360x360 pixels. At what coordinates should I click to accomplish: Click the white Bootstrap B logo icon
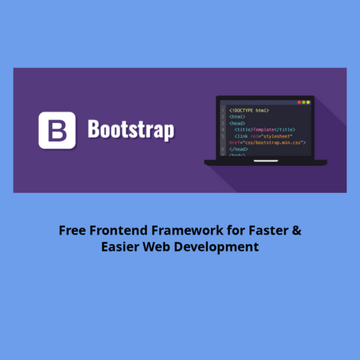[58, 130]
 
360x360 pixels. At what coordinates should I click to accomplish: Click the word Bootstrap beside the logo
[130, 131]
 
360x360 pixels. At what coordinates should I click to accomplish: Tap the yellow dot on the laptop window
[306, 102]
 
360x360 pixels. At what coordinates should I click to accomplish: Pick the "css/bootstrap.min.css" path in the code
[274, 143]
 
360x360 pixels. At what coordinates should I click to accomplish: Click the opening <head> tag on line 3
[237, 123]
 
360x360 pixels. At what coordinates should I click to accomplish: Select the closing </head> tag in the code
[238, 149]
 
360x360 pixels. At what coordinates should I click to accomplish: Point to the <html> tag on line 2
[237, 117]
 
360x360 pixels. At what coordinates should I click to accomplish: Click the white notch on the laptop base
[266, 161]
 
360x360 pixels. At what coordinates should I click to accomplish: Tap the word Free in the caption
[71, 231]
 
